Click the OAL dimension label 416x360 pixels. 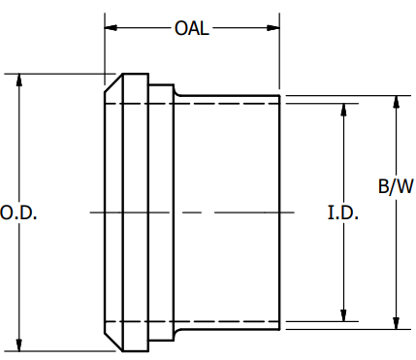[x=191, y=27]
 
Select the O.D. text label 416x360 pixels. [x=18, y=213]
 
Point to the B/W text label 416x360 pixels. [x=395, y=187]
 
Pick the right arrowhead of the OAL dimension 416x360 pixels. [x=274, y=27]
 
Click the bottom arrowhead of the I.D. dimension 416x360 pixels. [x=343, y=313]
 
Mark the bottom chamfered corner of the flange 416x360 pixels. [x=113, y=341]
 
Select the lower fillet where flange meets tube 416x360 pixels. [x=178, y=332]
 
